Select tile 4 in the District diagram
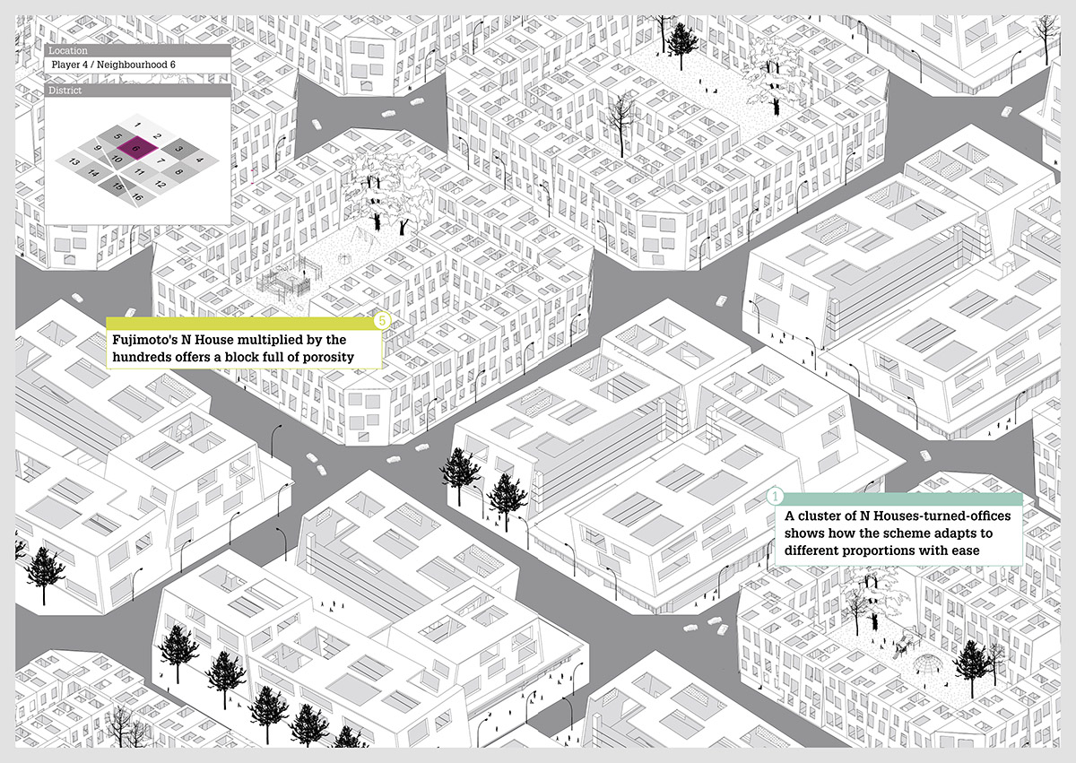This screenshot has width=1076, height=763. (x=199, y=159)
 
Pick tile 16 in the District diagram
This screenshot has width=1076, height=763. (x=138, y=195)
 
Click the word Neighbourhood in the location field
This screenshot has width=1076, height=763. (x=131, y=66)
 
